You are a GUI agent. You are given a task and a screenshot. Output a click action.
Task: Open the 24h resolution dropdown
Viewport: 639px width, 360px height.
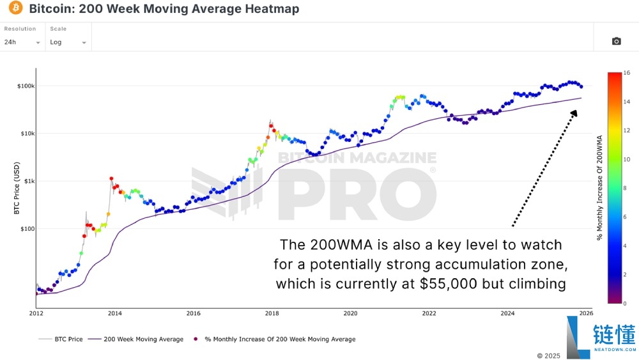point(22,42)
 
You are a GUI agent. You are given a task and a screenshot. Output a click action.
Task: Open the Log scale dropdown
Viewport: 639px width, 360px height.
point(68,42)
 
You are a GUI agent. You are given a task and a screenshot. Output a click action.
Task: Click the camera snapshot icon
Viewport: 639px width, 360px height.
point(616,42)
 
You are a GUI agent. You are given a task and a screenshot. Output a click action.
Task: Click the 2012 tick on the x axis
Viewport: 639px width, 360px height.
point(36,313)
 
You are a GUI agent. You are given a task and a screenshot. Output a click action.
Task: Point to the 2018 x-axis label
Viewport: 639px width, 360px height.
point(272,313)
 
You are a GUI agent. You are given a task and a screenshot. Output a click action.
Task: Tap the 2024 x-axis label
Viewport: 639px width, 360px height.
point(507,313)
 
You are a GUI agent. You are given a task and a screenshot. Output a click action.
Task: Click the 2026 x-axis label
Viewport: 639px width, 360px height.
point(586,313)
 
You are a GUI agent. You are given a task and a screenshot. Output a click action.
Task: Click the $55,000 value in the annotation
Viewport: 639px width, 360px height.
point(448,283)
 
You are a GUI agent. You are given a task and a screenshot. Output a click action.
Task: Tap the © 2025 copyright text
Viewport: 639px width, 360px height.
point(548,355)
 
